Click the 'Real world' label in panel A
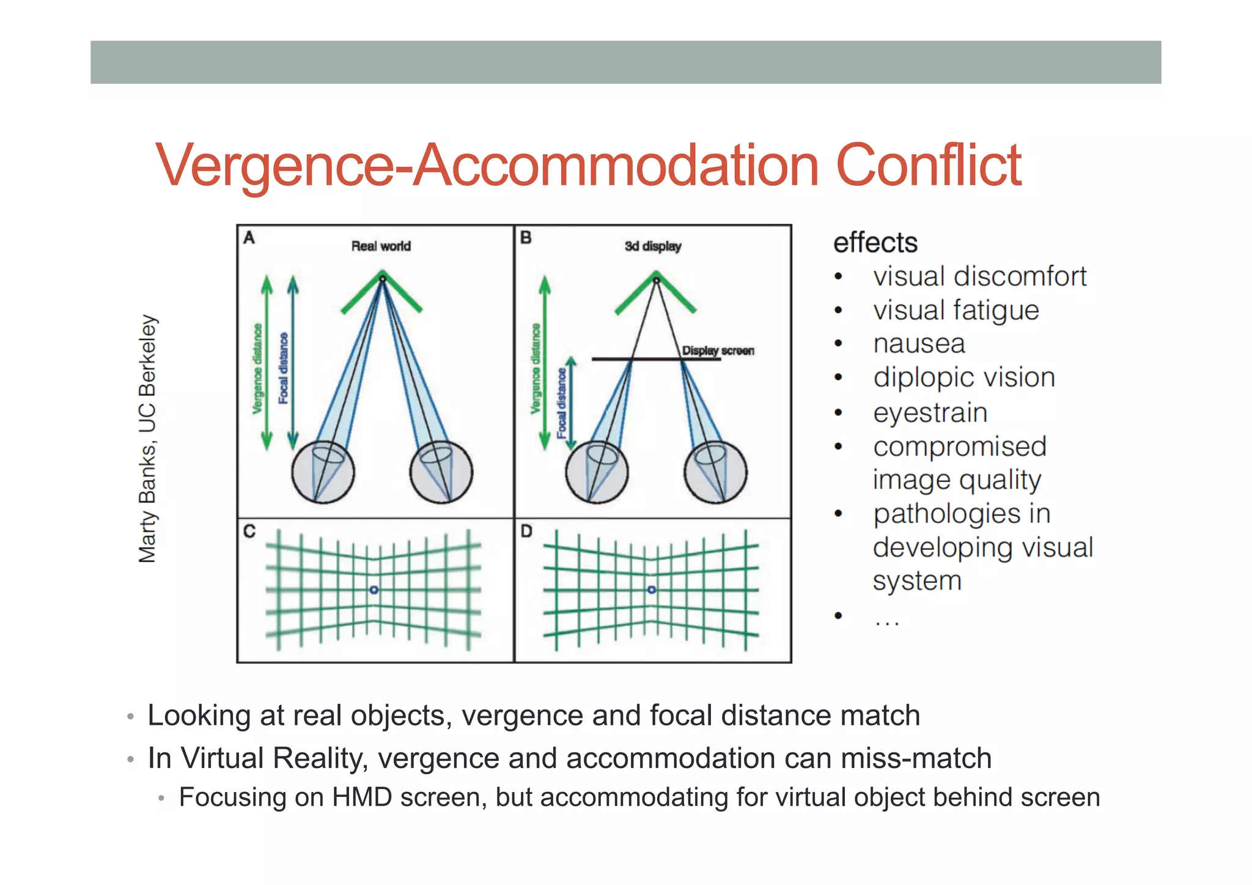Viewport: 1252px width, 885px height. pos(381,246)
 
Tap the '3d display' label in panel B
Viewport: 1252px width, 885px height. pos(652,246)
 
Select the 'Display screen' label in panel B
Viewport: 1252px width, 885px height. pos(718,350)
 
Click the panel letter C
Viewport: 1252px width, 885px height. pos(249,531)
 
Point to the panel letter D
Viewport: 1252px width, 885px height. pos(526,531)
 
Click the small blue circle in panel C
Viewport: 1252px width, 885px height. pos(374,590)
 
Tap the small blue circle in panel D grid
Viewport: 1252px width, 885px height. pos(652,590)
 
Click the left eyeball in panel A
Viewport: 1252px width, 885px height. pos(323,472)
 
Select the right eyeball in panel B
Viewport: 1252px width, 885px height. pos(715,472)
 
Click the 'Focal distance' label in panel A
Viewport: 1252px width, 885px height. pos(283,368)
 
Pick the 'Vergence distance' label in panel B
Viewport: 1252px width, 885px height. pos(536,368)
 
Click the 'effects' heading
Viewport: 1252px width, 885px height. pos(875,243)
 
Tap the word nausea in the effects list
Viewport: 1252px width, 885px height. pos(919,344)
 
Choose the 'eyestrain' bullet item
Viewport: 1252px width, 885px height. pos(930,413)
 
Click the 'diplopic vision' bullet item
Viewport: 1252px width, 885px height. pos(963,378)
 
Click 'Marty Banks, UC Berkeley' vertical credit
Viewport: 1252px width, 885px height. pos(147,439)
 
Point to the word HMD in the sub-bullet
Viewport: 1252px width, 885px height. pos(361,798)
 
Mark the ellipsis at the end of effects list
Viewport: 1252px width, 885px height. pos(886,623)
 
